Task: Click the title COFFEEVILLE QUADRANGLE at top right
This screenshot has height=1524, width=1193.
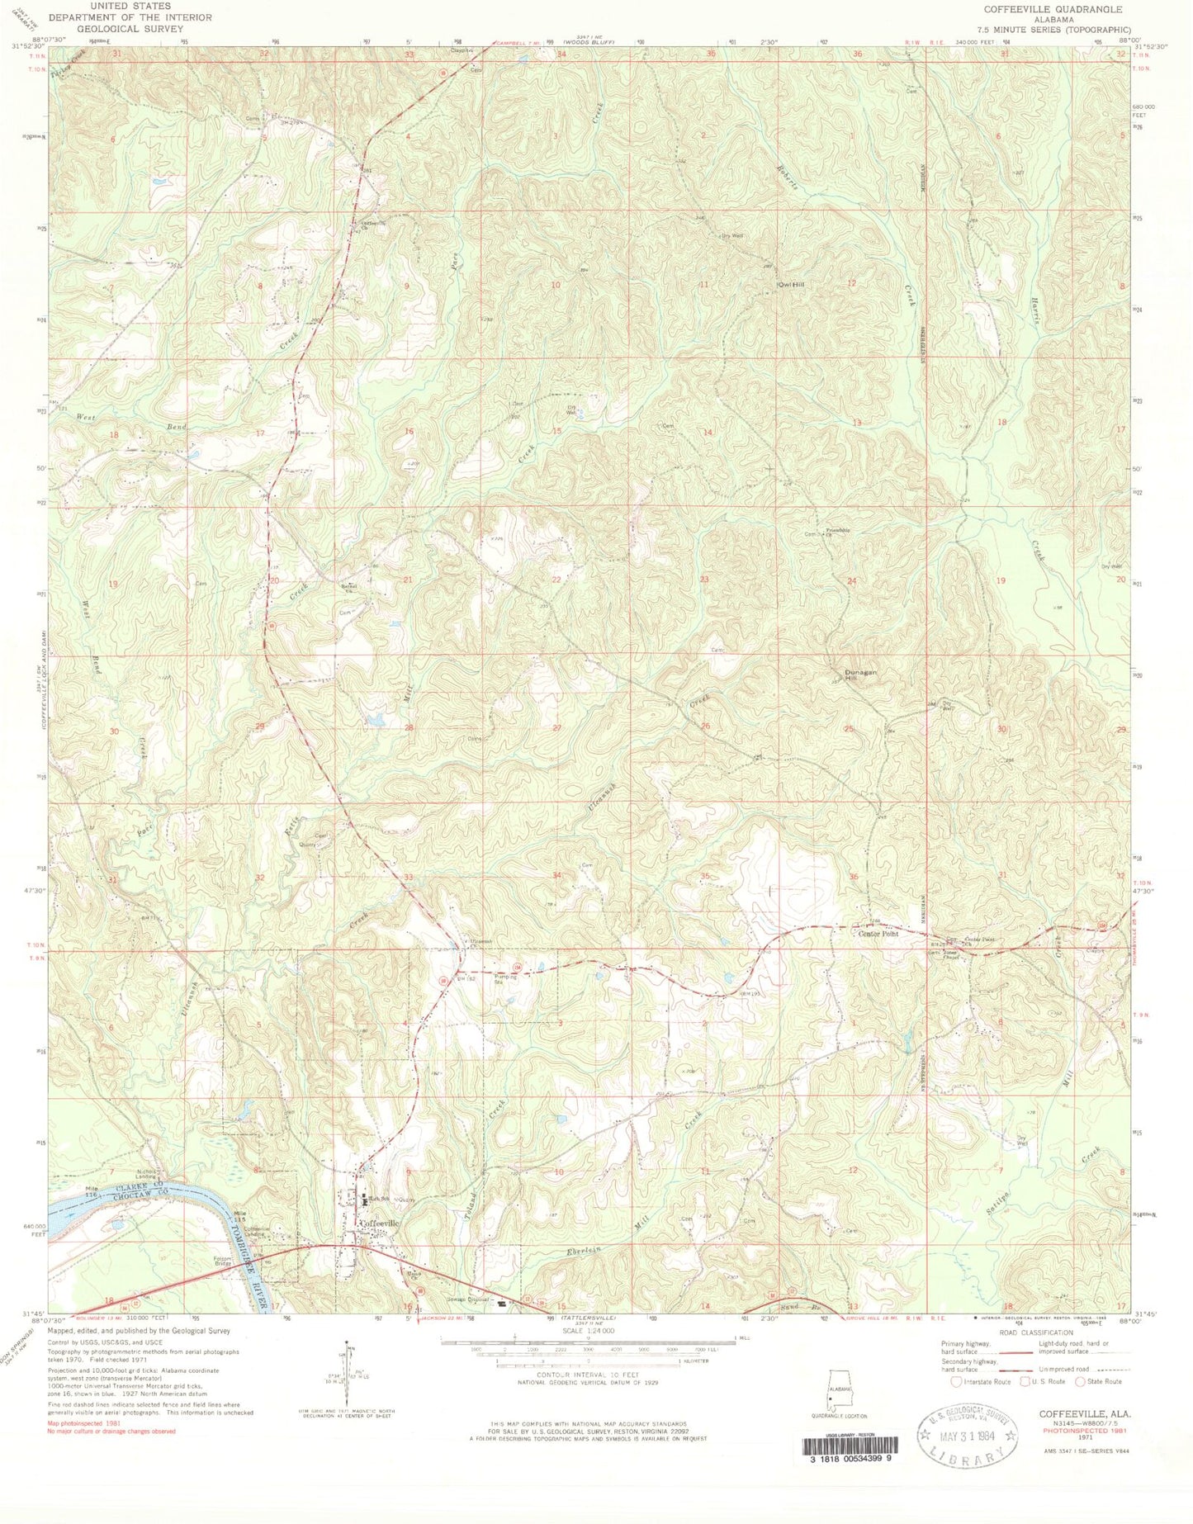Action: pyautogui.click(x=1051, y=9)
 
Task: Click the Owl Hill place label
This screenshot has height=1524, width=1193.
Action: pyautogui.click(x=790, y=285)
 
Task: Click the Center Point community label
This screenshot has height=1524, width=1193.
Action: pyautogui.click(x=878, y=935)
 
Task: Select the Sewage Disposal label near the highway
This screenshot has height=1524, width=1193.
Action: pyautogui.click(x=476, y=1299)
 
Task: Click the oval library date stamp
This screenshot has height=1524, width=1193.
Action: pyautogui.click(x=968, y=1437)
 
